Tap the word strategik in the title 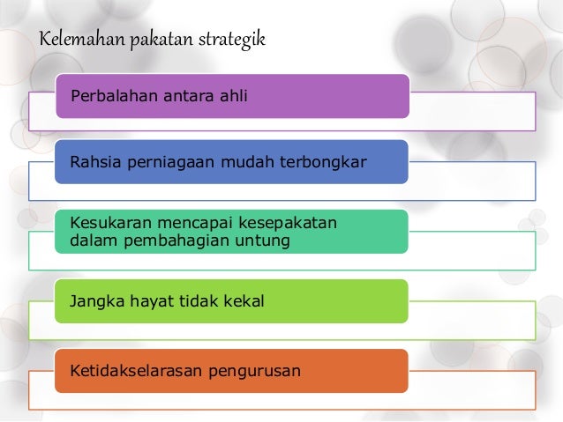(230, 41)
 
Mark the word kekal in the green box (244, 302)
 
